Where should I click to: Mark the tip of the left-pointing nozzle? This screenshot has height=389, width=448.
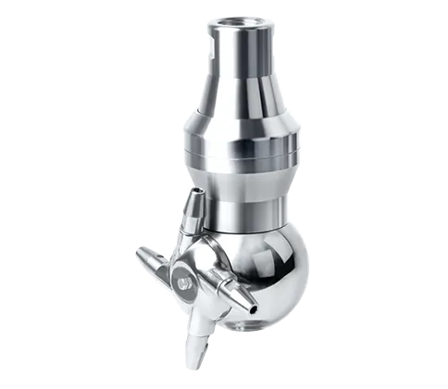pos(138,251)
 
